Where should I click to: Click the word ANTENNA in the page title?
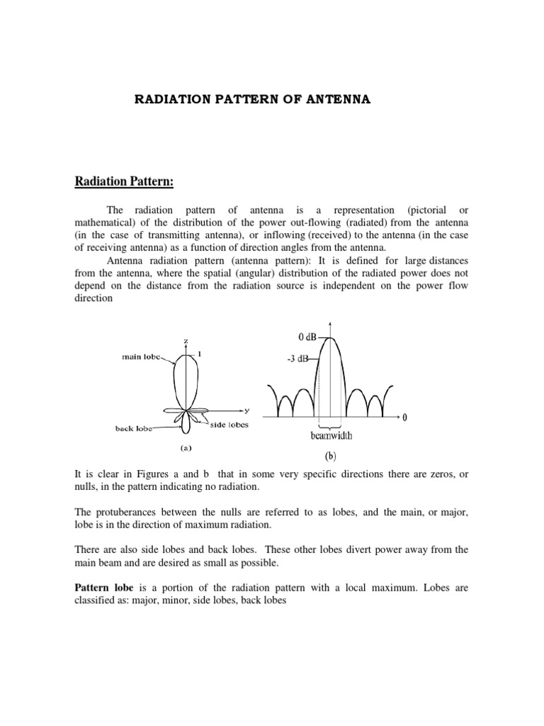pyautogui.click(x=338, y=100)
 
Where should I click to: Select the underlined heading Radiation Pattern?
pyautogui.click(x=124, y=181)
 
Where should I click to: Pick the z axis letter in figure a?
pyautogui.click(x=186, y=341)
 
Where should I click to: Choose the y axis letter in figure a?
pyautogui.click(x=248, y=410)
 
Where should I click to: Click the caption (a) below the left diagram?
pyautogui.click(x=186, y=447)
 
